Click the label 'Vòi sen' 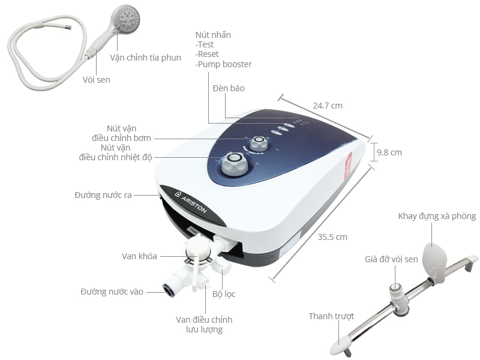coord(96,79)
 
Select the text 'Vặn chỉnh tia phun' coord(145,58)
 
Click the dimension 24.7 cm coord(328,106)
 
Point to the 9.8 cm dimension coord(389,152)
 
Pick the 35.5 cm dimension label coord(333,237)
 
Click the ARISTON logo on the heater coord(191,202)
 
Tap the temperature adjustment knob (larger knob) coord(233,164)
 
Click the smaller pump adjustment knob coord(260,143)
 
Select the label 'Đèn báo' coord(229,88)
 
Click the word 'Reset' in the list coord(208,55)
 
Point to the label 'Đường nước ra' coord(103,195)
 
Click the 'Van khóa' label coord(139,256)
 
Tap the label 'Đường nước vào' coord(112,292)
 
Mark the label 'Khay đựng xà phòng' coord(437,216)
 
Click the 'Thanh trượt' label coord(331,316)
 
